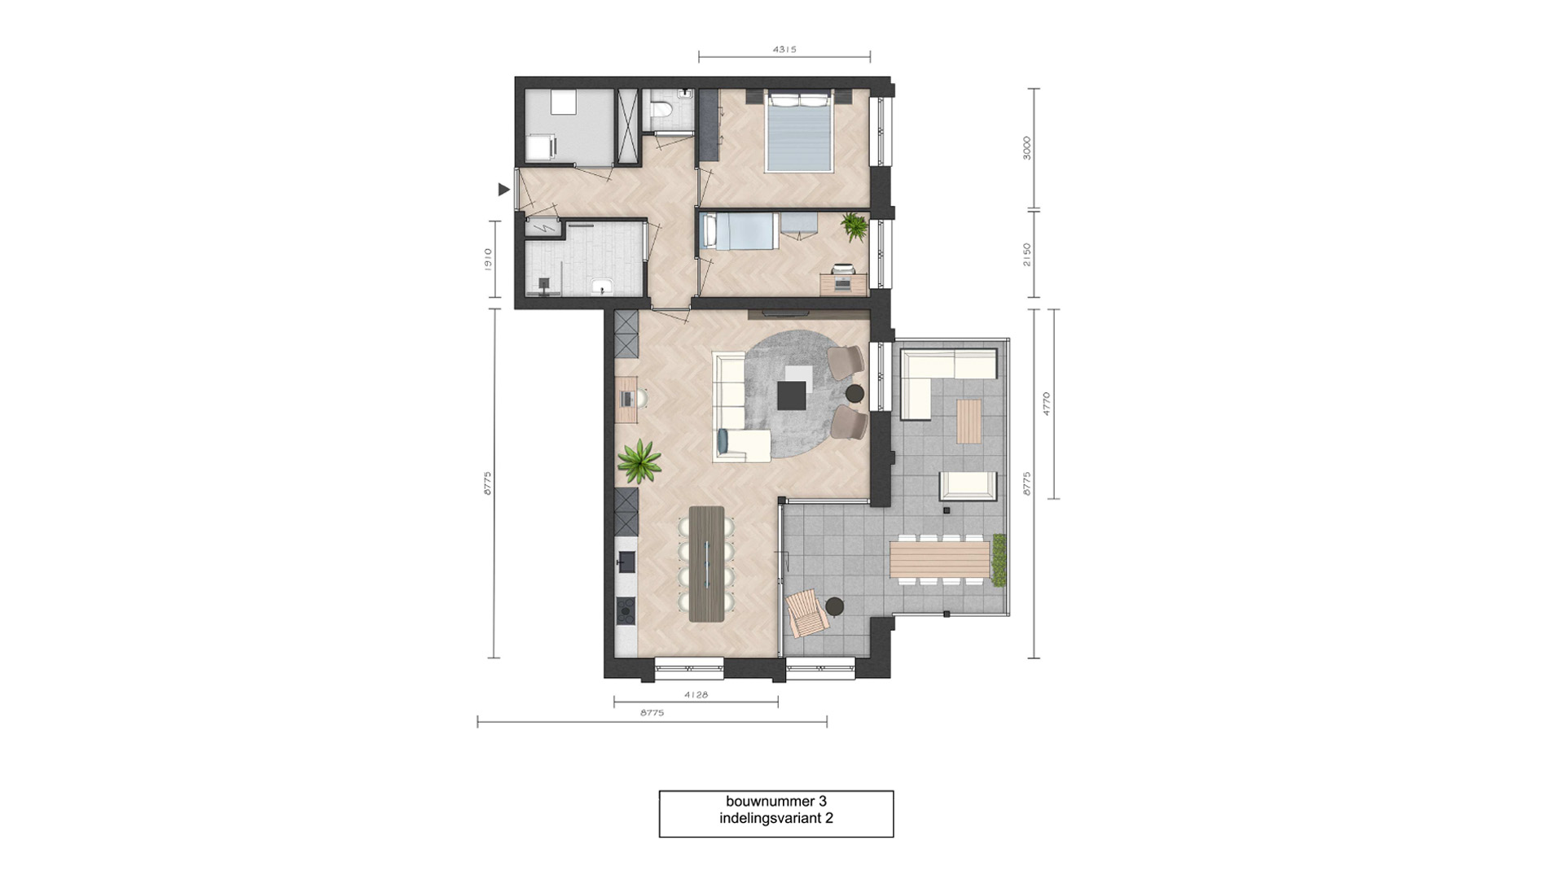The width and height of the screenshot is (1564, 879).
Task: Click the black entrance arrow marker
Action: [503, 190]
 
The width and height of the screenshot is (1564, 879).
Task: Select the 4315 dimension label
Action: [784, 50]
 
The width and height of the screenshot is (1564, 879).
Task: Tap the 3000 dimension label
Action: [1027, 148]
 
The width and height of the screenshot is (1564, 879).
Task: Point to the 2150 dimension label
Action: [1027, 254]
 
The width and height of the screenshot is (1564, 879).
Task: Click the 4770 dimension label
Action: [1047, 404]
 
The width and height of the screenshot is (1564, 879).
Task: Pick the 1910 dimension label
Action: [488, 260]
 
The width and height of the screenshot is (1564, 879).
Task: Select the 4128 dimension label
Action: [696, 695]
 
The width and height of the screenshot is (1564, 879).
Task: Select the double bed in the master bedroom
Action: [799, 132]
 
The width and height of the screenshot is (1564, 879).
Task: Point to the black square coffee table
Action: [791, 396]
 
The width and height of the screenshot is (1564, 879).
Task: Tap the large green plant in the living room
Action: [639, 461]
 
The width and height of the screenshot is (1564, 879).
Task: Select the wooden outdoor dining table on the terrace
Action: [939, 559]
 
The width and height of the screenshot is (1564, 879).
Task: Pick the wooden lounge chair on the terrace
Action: [806, 612]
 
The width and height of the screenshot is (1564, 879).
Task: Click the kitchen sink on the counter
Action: [626, 562]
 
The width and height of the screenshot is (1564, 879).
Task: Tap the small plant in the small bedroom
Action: [854, 226]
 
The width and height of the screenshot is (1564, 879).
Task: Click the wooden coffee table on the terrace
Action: [969, 421]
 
